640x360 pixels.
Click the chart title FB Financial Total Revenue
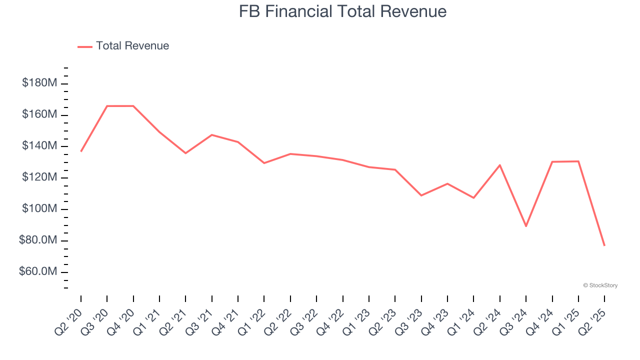click(x=342, y=11)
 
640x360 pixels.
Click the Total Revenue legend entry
click(x=132, y=46)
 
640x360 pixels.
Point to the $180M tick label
click(x=39, y=83)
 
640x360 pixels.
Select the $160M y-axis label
click(x=39, y=114)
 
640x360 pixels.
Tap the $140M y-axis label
click(x=39, y=146)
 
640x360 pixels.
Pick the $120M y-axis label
click(x=39, y=177)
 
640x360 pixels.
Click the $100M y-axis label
click(x=39, y=209)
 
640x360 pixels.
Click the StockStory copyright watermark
click(x=600, y=285)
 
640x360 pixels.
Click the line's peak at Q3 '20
click(x=107, y=106)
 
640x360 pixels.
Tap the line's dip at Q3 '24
click(x=526, y=226)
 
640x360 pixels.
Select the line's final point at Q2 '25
click(x=604, y=245)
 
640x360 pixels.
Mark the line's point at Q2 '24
click(x=500, y=165)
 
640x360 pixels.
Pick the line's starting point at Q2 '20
click(x=81, y=151)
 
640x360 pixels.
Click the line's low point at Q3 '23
click(x=421, y=195)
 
